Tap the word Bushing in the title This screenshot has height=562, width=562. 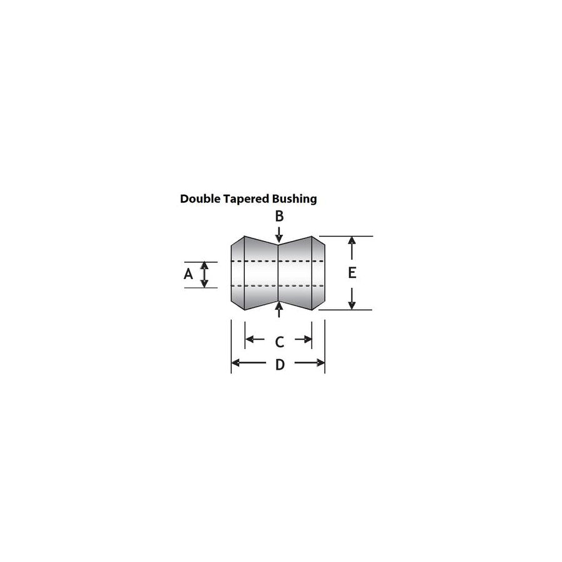[x=295, y=200]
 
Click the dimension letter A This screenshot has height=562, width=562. [x=188, y=274]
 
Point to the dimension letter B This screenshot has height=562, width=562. [x=279, y=216]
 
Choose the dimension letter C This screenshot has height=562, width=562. [x=280, y=342]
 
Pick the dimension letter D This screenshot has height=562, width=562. [x=280, y=365]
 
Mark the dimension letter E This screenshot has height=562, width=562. [x=352, y=273]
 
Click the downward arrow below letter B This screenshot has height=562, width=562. [x=279, y=235]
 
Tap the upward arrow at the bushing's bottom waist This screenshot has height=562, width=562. [x=279, y=309]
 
